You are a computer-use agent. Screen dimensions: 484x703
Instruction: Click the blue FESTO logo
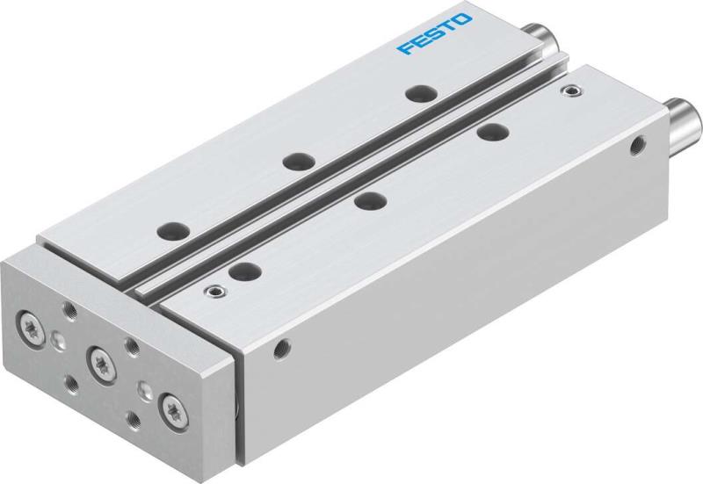click(x=434, y=33)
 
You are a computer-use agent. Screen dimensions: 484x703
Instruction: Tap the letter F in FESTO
click(x=405, y=47)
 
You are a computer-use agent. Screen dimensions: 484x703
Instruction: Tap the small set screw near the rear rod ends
click(x=574, y=89)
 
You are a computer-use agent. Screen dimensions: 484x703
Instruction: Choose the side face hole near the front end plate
click(x=281, y=348)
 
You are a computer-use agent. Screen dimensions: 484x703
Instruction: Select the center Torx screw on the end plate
click(x=99, y=361)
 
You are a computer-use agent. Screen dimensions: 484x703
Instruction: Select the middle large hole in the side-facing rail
click(x=367, y=200)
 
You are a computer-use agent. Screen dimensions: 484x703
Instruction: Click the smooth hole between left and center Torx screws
click(x=59, y=342)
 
